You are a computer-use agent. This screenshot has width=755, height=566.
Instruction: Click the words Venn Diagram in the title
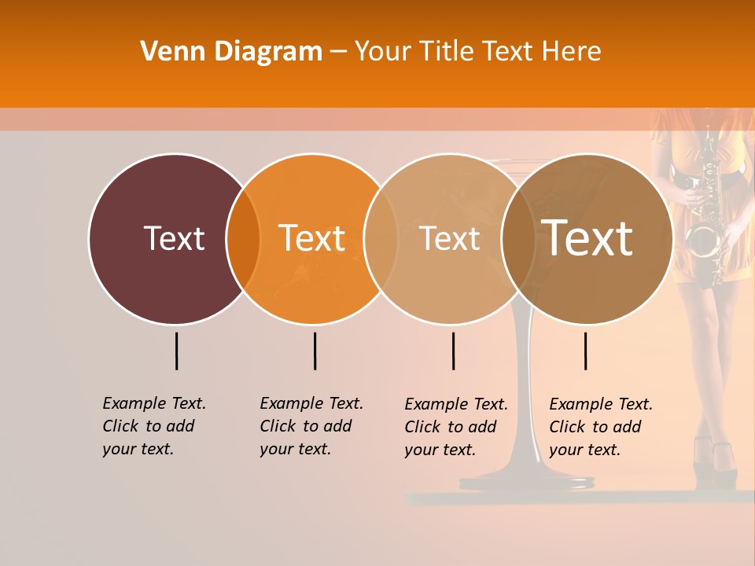(x=231, y=52)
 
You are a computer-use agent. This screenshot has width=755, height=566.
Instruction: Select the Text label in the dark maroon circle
(x=174, y=238)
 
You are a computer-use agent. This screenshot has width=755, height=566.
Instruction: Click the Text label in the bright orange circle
(x=312, y=238)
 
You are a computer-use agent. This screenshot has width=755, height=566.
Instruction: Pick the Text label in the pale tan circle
(x=450, y=239)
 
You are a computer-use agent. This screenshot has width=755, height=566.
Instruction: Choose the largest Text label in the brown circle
(x=587, y=238)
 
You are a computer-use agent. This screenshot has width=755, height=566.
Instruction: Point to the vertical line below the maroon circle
(x=176, y=351)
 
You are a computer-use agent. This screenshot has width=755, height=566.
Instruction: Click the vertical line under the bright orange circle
(x=315, y=351)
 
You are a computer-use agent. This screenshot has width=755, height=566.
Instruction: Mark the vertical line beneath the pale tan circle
(x=453, y=351)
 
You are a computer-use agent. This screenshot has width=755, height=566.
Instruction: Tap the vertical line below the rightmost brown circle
(x=585, y=351)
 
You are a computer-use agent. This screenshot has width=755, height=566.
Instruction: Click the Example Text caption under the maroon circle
(x=154, y=426)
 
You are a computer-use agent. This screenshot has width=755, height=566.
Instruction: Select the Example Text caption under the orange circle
(x=311, y=426)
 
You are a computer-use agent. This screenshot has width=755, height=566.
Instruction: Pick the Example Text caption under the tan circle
(x=456, y=427)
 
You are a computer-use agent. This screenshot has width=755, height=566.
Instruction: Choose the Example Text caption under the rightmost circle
(x=601, y=427)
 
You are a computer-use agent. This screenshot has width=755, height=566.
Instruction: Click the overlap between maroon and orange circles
(x=243, y=238)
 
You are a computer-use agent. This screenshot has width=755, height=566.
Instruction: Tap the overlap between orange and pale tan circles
(x=381, y=238)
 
